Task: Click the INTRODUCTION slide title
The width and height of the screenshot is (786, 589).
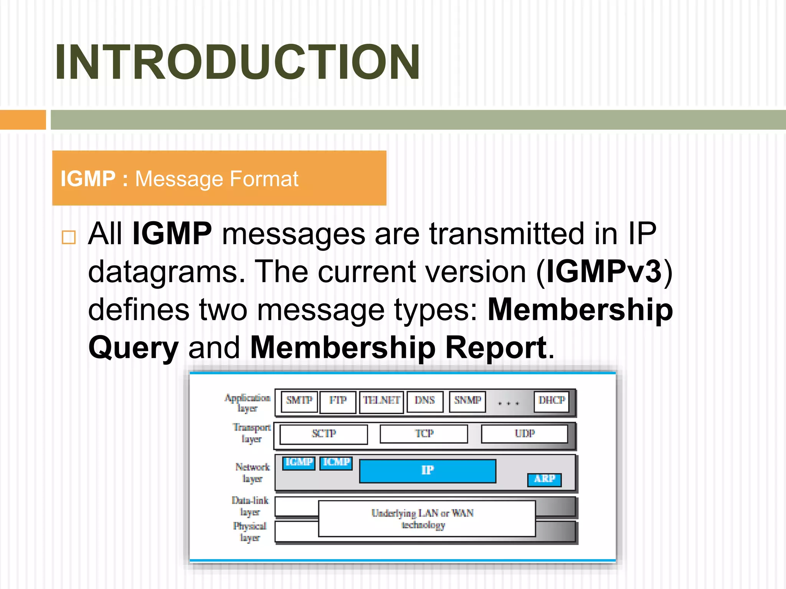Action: (x=237, y=62)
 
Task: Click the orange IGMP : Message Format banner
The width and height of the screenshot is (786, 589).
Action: (x=219, y=178)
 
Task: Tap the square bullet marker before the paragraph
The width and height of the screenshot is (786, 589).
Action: (x=69, y=237)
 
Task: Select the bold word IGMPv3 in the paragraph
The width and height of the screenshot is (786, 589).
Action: (x=604, y=271)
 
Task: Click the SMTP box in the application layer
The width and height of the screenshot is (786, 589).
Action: (x=299, y=401)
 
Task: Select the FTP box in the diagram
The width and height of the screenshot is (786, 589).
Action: (x=338, y=401)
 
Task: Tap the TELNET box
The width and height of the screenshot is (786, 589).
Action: (x=381, y=401)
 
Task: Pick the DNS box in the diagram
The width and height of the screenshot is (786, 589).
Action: (x=425, y=401)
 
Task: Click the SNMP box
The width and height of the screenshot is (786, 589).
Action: (x=467, y=401)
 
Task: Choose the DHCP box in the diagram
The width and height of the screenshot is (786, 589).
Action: (x=552, y=401)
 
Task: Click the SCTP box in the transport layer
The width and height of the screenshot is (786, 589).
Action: (x=324, y=434)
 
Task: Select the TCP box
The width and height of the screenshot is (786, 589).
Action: (x=424, y=434)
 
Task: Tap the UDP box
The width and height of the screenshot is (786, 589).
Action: (x=525, y=434)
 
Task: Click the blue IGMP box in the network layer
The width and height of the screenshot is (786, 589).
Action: (x=299, y=463)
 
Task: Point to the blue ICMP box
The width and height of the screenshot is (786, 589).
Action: (x=336, y=463)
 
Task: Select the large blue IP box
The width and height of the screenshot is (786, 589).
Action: (x=428, y=471)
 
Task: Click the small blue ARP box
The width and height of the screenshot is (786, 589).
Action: (x=544, y=480)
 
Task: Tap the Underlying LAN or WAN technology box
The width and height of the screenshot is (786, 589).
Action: (x=426, y=518)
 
